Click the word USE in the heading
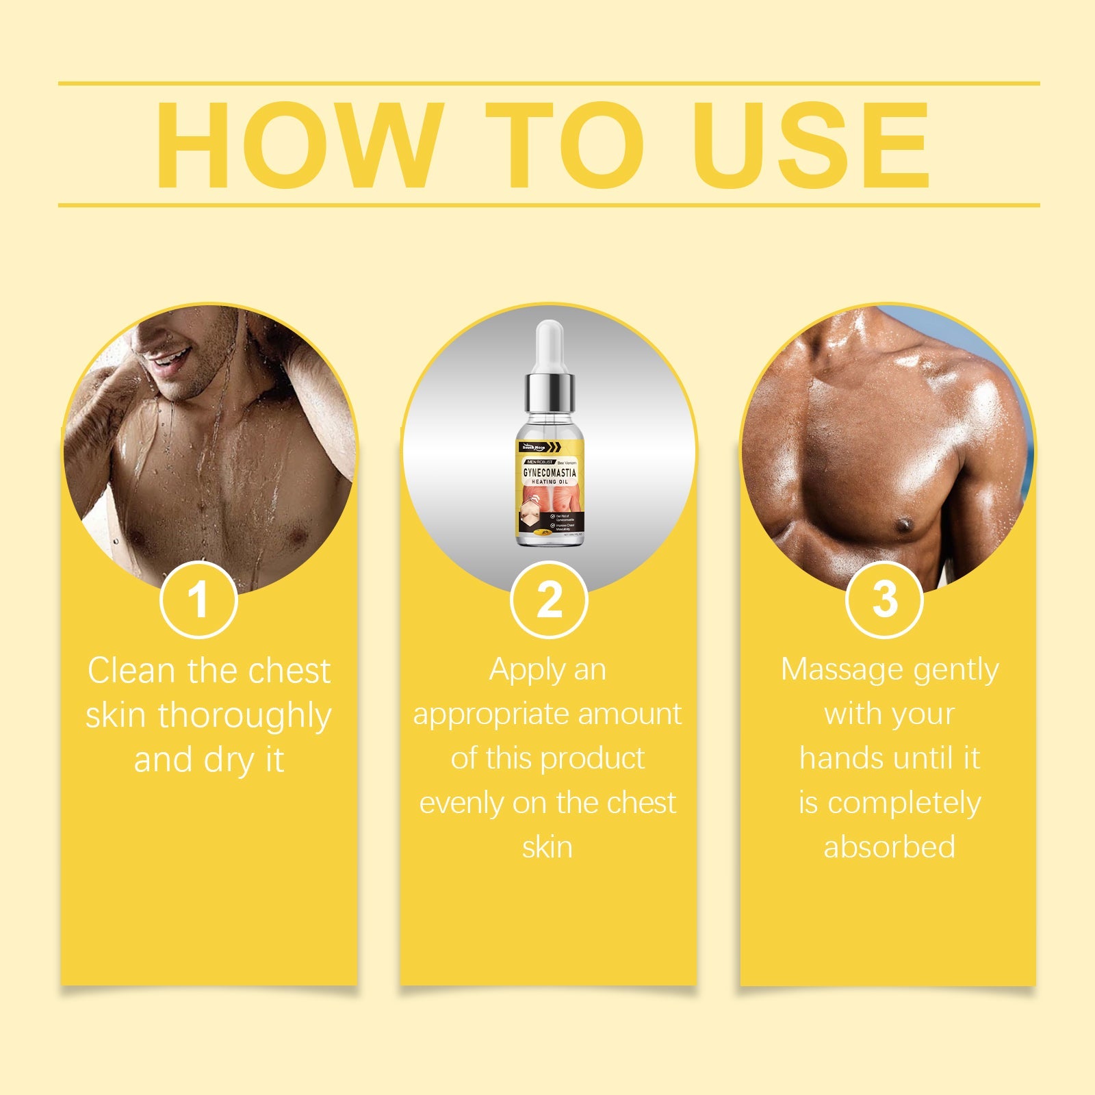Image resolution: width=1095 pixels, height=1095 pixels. (x=812, y=145)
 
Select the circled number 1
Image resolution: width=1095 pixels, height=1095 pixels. (x=198, y=600)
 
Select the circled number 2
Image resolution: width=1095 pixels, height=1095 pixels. (x=549, y=600)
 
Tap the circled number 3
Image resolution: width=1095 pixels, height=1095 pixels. (x=884, y=600)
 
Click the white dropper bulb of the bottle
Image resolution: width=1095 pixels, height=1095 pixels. (x=550, y=346)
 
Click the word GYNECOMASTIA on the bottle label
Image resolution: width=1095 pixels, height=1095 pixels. (x=550, y=473)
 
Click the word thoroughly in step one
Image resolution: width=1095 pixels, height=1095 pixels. (x=245, y=716)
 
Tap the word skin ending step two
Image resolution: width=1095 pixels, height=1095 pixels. (x=547, y=847)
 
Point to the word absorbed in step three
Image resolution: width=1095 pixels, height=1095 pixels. (x=889, y=847)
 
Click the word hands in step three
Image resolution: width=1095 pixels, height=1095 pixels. (x=841, y=758)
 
